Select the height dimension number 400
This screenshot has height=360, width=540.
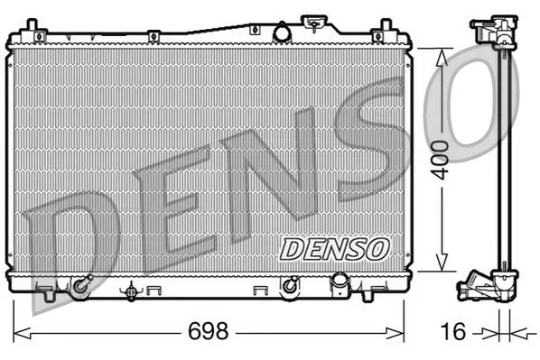441,161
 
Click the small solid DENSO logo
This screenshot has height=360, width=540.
333,246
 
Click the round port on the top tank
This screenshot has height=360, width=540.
282,33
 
